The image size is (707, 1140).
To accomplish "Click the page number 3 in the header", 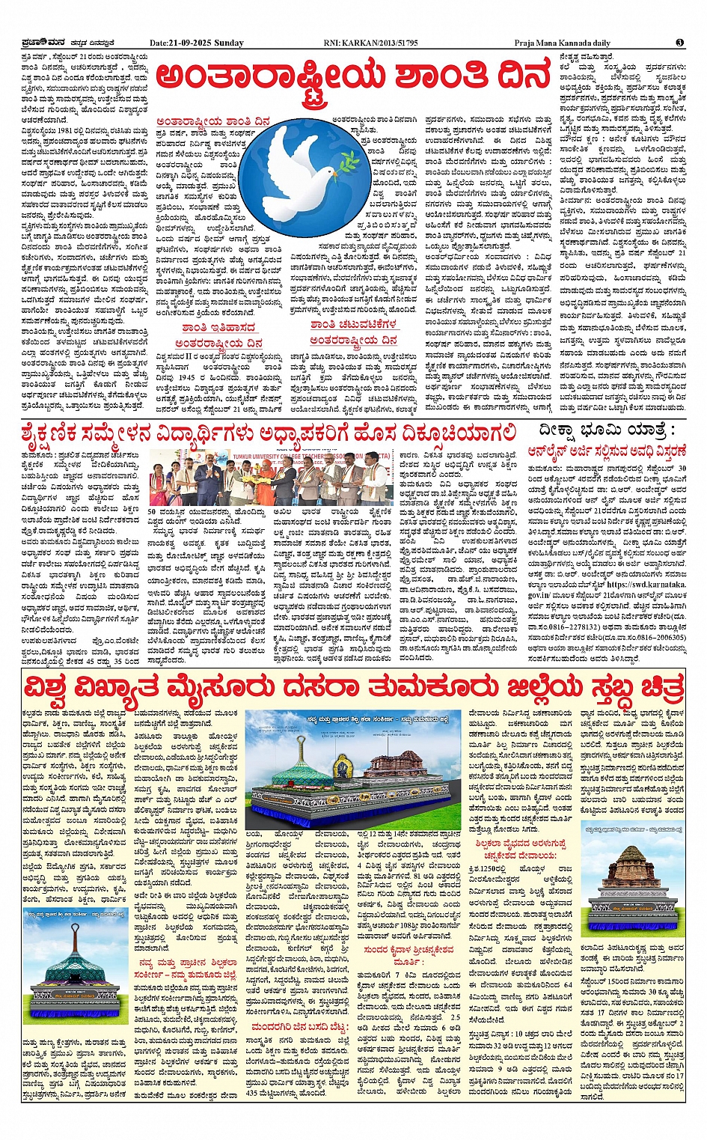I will point(679,43).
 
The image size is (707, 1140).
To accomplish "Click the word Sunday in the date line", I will point(228,43).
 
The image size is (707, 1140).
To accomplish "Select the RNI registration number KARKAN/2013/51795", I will point(382,43).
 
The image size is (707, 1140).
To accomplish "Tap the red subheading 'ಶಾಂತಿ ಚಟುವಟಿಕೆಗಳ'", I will point(354,324).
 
